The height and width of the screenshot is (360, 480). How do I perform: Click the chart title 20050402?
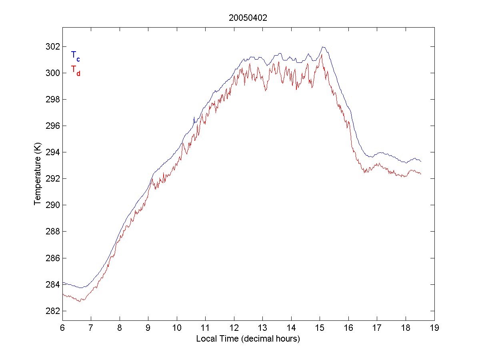pyautogui.click(x=248, y=18)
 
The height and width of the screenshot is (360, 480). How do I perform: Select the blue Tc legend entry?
pyautogui.click(x=75, y=56)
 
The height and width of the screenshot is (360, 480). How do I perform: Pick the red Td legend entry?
pyautogui.click(x=75, y=70)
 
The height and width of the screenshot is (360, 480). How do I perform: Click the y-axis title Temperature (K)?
pyautogui.click(x=38, y=175)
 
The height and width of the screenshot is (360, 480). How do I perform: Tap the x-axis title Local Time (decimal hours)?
pyautogui.click(x=248, y=339)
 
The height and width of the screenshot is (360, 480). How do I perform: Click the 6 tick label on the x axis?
pyautogui.click(x=62, y=328)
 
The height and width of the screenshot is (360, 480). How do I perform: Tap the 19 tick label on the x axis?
pyautogui.click(x=434, y=328)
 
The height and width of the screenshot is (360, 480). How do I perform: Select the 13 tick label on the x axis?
pyautogui.click(x=263, y=328)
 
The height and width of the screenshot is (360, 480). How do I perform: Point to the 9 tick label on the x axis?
pyautogui.click(x=148, y=328)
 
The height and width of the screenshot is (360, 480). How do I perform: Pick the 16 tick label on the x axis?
pyautogui.click(x=349, y=328)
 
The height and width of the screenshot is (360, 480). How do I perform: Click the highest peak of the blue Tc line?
pyautogui.click(x=323, y=47)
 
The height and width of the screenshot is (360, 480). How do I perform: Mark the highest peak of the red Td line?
pyautogui.click(x=321, y=55)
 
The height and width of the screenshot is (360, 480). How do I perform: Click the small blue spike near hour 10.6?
pyautogui.click(x=194, y=117)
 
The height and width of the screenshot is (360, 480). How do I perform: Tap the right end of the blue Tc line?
pyautogui.click(x=421, y=161)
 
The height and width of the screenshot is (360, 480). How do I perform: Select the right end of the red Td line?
pyautogui.click(x=421, y=174)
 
